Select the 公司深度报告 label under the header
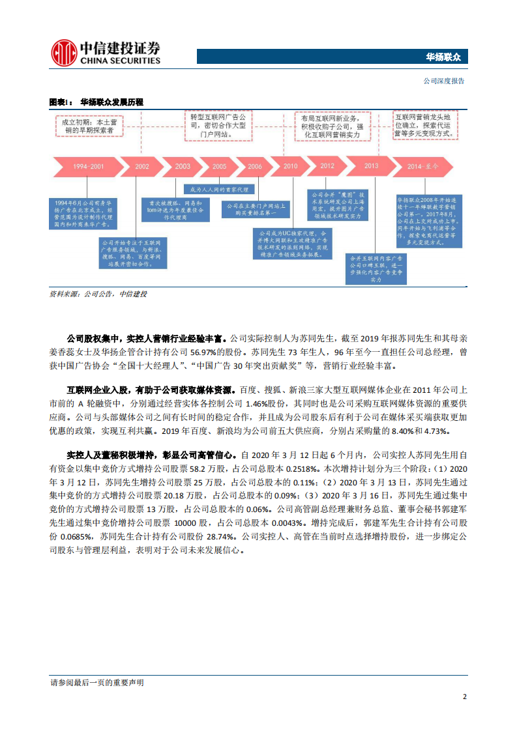443,81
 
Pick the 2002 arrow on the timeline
142,167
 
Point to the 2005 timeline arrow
219,167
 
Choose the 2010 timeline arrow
290,167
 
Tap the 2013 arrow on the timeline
370,166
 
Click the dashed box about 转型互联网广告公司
217,125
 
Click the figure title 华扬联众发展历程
111,102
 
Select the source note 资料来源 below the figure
98,294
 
